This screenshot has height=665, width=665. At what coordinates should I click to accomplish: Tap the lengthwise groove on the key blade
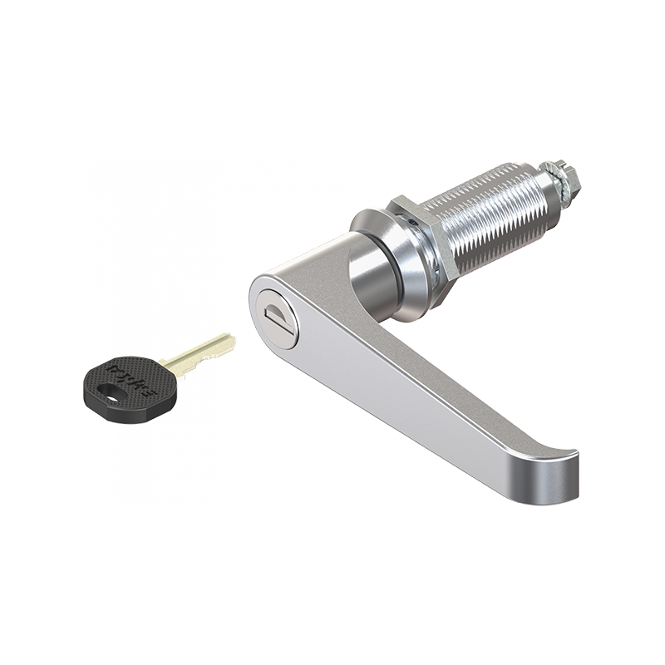point(199,348)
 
